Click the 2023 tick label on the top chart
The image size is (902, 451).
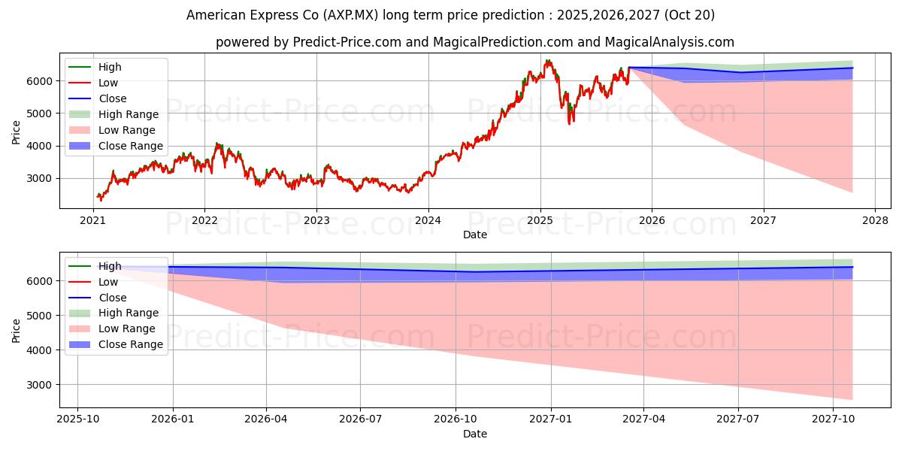316,221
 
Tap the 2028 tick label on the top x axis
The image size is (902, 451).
875,221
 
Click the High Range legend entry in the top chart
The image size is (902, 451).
128,114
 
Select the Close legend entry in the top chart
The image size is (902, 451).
113,98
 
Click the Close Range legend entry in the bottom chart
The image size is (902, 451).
130,344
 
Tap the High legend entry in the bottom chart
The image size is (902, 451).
110,266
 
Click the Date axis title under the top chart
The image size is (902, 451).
475,235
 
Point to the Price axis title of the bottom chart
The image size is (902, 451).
17,329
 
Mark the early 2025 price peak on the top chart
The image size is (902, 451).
548,61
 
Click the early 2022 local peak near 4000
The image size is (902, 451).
217,143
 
